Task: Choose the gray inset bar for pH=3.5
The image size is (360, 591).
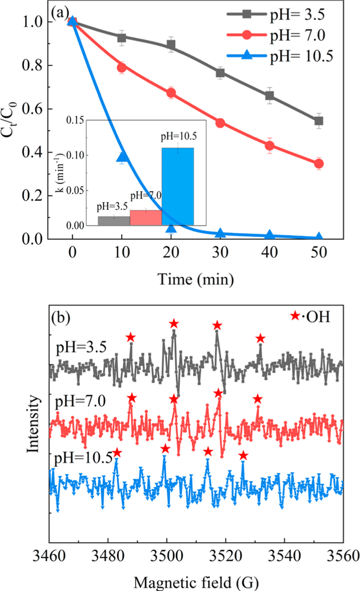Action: [x=114, y=220]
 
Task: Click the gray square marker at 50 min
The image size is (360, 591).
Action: [x=318, y=121]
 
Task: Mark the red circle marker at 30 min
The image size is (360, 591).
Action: [x=220, y=123]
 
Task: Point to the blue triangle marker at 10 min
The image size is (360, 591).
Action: [x=122, y=157]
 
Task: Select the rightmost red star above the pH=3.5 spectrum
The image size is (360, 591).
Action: [x=261, y=338]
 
